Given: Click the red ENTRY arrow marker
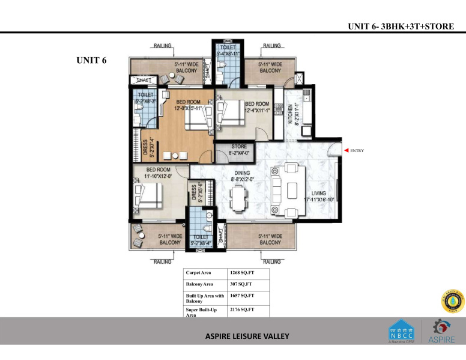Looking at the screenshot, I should (346, 151).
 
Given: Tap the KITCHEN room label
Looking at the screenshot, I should (291, 114).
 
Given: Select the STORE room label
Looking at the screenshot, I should (239, 150).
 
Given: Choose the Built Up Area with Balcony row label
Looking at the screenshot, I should (205, 298).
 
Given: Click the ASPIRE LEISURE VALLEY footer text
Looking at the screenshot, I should (247, 336).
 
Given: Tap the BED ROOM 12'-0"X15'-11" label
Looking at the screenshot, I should (188, 105).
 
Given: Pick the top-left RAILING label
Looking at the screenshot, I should (163, 46).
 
